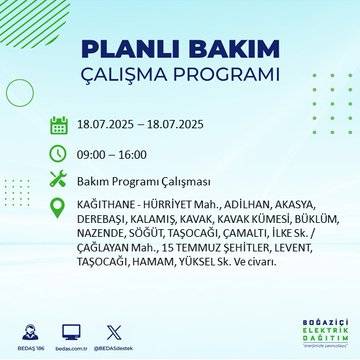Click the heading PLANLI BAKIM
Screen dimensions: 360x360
[x=179, y=50]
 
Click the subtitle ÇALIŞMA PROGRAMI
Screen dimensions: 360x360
[x=179, y=76]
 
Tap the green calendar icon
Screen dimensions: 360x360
[x=59, y=126]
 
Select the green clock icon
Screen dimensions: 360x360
[x=59, y=154]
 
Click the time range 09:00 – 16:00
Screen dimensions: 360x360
[x=112, y=155]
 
